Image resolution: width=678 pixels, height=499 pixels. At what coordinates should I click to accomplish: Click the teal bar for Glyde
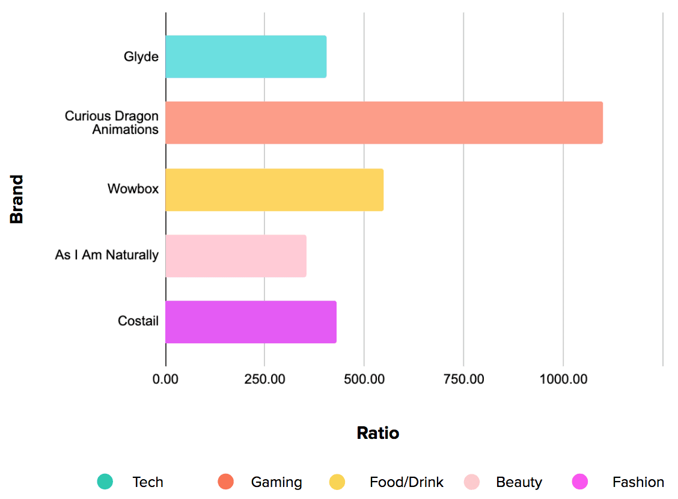point(246,57)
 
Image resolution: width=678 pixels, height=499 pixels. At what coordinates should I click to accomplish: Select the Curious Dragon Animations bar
point(384,123)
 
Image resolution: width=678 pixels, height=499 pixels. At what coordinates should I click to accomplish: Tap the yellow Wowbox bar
point(274,189)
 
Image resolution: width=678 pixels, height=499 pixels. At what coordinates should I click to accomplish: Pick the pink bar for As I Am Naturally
point(236,256)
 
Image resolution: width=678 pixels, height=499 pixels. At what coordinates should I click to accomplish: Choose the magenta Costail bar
point(251,322)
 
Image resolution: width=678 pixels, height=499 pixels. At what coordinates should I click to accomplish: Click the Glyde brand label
point(141,57)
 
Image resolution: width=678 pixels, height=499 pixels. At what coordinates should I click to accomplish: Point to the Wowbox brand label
point(133,189)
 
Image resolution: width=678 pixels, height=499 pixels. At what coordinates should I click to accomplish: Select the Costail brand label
point(138,321)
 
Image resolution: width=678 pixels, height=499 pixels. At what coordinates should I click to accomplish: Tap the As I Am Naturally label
point(107,255)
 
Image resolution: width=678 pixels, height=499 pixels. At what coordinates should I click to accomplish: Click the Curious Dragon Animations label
point(112,123)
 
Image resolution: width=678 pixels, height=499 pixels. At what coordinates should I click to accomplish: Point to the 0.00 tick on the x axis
point(166,379)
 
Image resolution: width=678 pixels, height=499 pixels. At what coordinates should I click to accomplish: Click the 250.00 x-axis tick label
point(264,379)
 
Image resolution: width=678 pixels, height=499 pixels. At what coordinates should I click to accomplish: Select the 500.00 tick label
point(364,379)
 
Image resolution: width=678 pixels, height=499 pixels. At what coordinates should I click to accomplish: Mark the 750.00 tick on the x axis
point(463,379)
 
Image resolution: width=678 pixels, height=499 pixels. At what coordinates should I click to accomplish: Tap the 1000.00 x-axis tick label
point(563,379)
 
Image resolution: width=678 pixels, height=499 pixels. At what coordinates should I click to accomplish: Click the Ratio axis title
point(377,433)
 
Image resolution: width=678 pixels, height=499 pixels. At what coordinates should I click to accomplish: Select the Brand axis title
point(17,199)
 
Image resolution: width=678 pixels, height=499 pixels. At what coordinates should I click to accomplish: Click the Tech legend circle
point(105,482)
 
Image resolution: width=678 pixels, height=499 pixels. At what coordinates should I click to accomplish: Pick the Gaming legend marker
point(225,482)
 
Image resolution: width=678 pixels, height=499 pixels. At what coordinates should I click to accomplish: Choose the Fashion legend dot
point(580,482)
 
